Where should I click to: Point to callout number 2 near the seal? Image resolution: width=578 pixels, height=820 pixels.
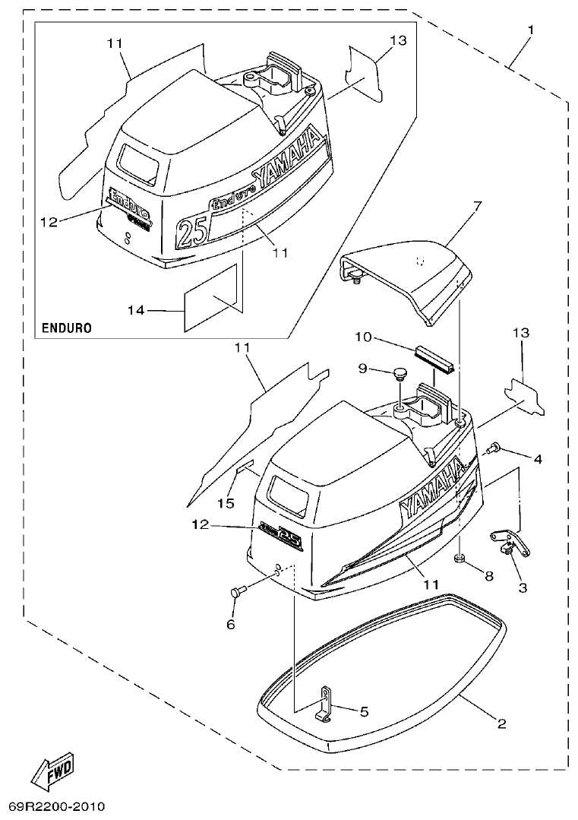tap(501, 723)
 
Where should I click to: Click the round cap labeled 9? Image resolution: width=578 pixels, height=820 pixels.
tap(400, 372)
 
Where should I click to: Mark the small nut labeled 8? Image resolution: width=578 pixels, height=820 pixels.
tap(460, 561)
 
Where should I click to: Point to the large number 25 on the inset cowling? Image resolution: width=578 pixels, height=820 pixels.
tap(192, 230)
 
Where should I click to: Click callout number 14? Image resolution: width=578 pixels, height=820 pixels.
tap(136, 310)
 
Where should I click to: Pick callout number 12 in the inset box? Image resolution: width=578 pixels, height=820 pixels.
tap(49, 221)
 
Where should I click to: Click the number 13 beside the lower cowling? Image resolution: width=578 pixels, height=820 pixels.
tap(521, 333)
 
